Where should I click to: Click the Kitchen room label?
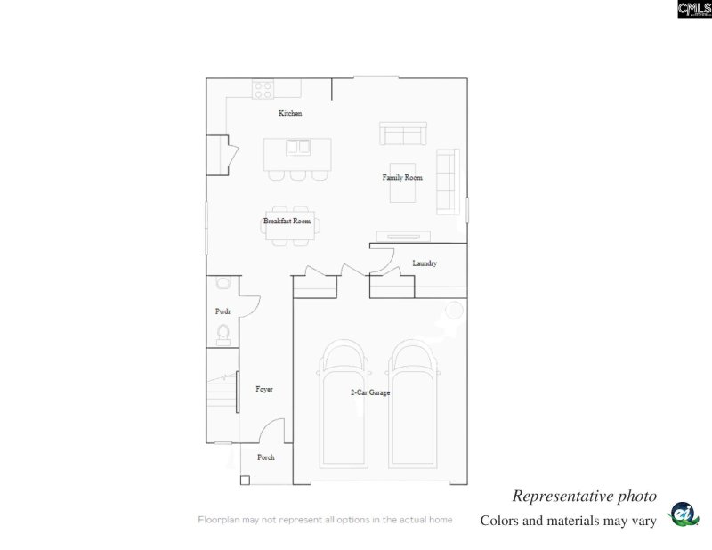(290, 113)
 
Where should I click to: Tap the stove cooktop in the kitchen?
(263, 89)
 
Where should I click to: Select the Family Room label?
(402, 178)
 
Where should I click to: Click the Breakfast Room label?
(287, 221)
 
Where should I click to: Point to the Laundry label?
(425, 263)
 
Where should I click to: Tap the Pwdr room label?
(222, 311)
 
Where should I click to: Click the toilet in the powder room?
(223, 335)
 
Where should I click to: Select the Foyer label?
(264, 389)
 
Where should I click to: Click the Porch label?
(265, 457)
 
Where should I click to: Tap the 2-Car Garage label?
(369, 392)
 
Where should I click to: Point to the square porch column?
(245, 481)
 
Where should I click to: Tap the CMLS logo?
(694, 9)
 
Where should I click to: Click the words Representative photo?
(584, 496)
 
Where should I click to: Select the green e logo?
(684, 515)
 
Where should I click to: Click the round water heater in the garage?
(454, 311)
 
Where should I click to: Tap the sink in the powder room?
(222, 283)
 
